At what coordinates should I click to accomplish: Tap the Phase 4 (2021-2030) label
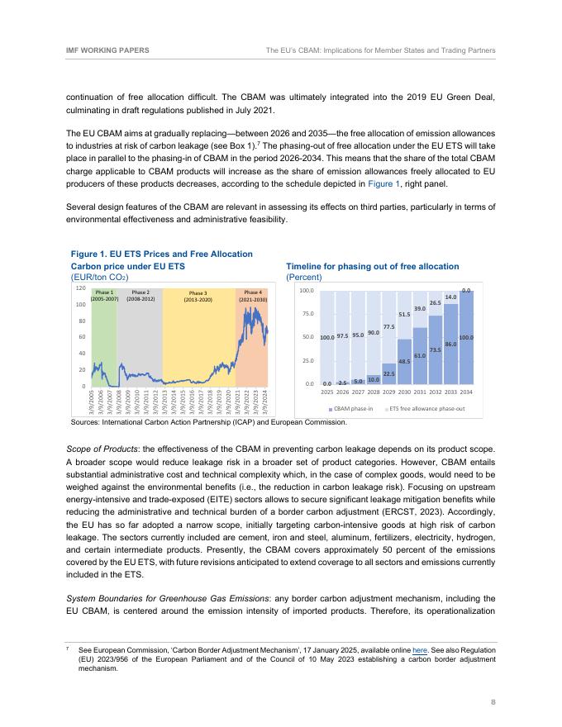pyautogui.click(x=252, y=296)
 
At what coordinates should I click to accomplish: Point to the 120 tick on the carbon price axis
pyautogui.click(x=80, y=289)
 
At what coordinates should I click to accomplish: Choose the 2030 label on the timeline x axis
pyautogui.click(x=405, y=392)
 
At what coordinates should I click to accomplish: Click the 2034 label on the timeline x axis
pyautogui.click(x=466, y=392)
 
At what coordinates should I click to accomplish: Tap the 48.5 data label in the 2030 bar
pyautogui.click(x=405, y=361)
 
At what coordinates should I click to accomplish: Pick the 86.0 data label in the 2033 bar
pyautogui.click(x=451, y=343)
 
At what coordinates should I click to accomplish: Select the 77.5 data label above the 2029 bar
pyautogui.click(x=389, y=327)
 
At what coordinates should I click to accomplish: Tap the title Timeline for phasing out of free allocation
pyautogui.click(x=372, y=267)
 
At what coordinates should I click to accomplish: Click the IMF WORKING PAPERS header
pyautogui.click(x=107, y=50)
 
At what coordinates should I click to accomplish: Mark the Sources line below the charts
pyautogui.click(x=209, y=421)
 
